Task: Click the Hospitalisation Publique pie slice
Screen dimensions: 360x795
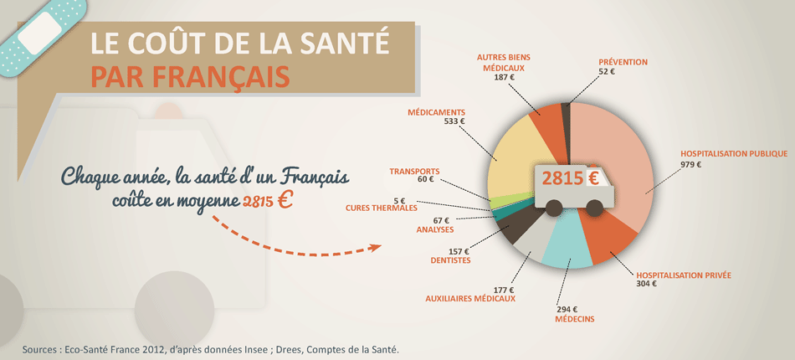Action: tap(619, 159)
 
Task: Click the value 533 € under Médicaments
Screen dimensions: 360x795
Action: tap(454, 121)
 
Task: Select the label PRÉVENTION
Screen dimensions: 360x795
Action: tap(623, 62)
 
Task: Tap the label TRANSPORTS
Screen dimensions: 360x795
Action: tap(414, 171)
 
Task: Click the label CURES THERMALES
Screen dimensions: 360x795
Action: tap(382, 208)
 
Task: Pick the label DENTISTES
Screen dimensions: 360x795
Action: tap(450, 260)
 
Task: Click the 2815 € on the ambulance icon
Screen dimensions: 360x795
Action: tap(569, 178)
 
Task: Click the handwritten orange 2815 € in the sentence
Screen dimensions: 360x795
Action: tap(268, 201)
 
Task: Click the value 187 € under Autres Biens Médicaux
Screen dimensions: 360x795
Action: tap(505, 77)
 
